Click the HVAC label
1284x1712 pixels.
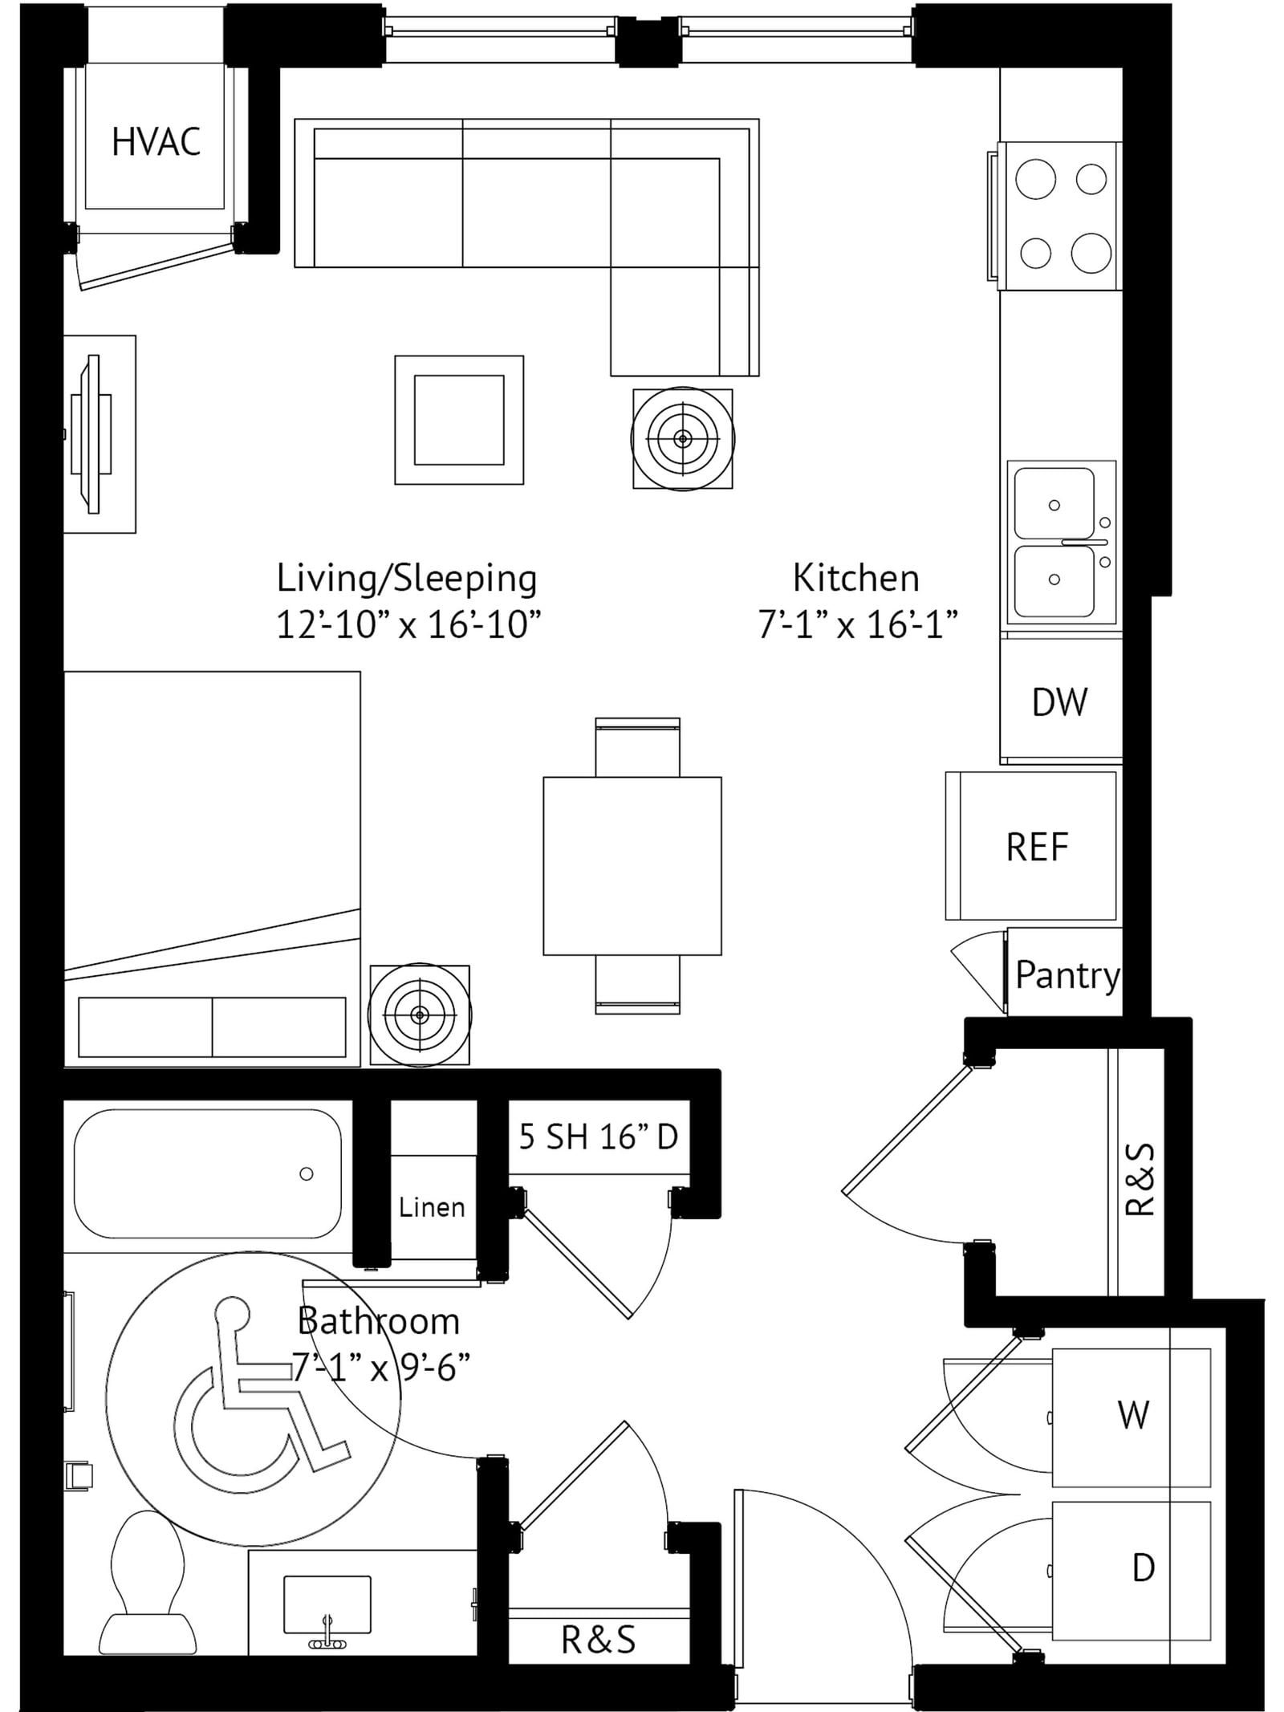click(156, 142)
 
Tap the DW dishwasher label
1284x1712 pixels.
click(1059, 702)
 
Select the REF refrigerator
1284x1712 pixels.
click(1032, 846)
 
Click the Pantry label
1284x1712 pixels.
click(1067, 976)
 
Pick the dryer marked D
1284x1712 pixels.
click(1131, 1572)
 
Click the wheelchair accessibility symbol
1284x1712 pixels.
click(261, 1389)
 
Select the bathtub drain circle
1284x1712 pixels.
click(306, 1174)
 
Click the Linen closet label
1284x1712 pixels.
click(432, 1207)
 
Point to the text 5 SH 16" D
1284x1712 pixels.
click(599, 1137)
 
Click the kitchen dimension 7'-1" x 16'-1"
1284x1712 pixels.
click(858, 624)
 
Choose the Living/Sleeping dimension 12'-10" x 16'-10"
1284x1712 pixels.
click(408, 624)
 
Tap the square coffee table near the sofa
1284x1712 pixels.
click(459, 420)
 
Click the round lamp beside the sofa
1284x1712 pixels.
click(683, 439)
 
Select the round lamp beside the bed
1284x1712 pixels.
click(420, 1015)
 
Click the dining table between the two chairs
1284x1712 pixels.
click(632, 866)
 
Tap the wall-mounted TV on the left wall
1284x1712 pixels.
click(90, 434)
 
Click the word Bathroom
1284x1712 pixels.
click(379, 1320)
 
